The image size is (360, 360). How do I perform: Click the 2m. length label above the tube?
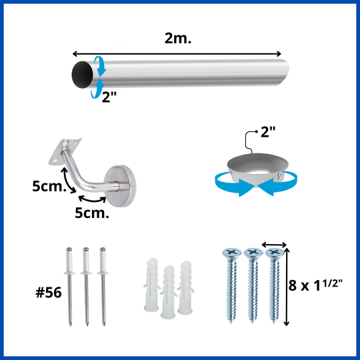tap(178, 39)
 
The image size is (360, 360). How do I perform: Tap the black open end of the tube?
tap(82, 75)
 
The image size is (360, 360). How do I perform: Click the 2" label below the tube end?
tap(109, 97)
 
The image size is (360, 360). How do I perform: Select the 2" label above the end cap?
tap(268, 132)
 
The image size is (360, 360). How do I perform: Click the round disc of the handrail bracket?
tap(120, 186)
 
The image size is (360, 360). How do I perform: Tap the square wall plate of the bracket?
tap(65, 151)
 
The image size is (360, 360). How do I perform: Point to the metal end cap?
tap(257, 167)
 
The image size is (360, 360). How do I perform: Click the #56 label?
tap(49, 293)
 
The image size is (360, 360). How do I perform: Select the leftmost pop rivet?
tap(69, 286)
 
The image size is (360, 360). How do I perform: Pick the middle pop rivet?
tap(86, 286)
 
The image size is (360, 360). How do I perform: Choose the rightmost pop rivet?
tap(103, 286)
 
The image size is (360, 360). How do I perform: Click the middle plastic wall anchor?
tap(169, 292)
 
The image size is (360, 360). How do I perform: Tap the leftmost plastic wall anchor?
tap(152, 285)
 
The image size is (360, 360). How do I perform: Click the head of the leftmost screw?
tap(232, 253)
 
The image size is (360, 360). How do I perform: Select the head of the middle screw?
tap(253, 253)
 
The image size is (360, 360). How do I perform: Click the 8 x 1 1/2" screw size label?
tap(316, 285)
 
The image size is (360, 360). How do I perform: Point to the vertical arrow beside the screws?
tap(286, 287)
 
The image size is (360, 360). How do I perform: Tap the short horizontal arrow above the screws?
tap(275, 245)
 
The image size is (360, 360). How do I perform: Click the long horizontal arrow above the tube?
tap(177, 54)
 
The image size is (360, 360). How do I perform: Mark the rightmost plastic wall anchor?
tap(186, 287)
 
